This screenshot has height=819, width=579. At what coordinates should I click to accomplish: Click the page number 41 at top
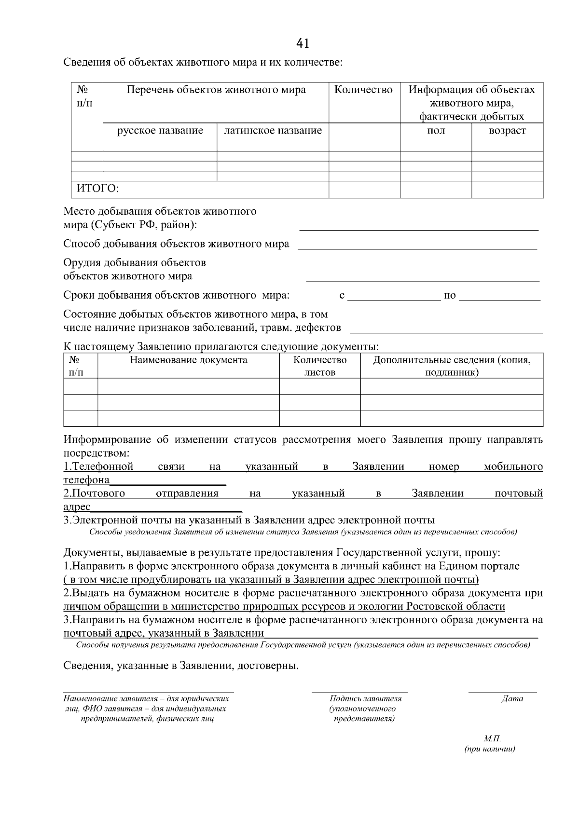303,44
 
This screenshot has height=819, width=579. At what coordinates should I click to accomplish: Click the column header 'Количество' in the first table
364,90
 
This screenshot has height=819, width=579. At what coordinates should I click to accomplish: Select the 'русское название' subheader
160,131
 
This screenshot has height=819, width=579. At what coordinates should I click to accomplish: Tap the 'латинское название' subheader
273,131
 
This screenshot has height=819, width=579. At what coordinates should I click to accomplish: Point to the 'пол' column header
436,131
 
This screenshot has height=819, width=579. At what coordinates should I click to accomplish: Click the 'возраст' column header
507,131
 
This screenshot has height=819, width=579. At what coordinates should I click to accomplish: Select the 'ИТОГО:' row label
95,189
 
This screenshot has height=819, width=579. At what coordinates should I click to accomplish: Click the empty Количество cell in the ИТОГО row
364,190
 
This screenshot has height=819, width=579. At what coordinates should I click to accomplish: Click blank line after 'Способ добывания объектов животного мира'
417,245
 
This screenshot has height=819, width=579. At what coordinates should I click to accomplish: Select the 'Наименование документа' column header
188,360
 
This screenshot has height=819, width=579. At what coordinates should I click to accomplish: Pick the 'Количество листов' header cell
320,366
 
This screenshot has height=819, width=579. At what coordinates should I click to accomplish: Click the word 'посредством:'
96,453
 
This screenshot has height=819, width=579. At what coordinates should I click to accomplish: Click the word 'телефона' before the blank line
86,480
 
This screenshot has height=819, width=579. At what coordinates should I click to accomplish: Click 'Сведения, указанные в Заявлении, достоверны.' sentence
181,667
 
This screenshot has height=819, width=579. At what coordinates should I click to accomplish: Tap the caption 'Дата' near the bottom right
512,699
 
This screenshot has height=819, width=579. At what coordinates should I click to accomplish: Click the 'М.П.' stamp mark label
492,739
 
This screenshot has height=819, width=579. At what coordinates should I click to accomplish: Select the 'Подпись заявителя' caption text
365,699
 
